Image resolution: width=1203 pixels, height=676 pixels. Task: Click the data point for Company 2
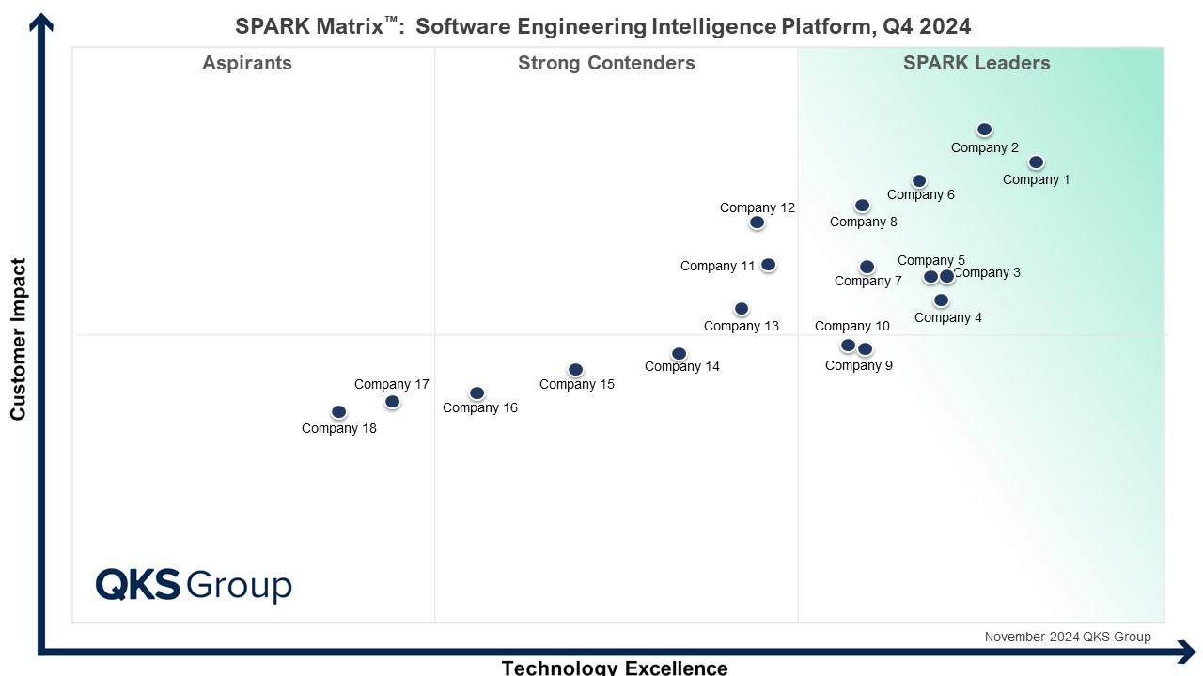click(984, 130)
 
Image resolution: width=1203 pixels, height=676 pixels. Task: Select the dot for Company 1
click(1036, 162)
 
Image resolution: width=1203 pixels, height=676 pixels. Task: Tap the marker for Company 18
click(339, 412)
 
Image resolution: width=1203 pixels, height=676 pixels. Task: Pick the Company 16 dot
click(477, 393)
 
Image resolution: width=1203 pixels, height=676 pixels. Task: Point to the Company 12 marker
click(757, 223)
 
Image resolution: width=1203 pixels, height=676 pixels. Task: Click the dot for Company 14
click(679, 354)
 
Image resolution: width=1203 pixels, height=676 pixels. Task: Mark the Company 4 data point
click(941, 300)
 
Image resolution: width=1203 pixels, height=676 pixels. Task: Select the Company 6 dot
click(919, 181)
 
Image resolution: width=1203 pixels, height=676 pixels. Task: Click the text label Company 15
click(577, 384)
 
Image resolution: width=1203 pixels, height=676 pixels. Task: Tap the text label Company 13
click(742, 326)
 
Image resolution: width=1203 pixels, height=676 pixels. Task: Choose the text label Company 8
click(864, 223)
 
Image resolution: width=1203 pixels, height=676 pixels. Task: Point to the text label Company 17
click(392, 384)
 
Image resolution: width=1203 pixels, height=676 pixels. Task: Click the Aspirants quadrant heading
click(247, 63)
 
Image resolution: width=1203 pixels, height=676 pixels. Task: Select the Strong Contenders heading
click(606, 63)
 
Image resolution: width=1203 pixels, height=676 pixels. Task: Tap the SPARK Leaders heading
click(976, 63)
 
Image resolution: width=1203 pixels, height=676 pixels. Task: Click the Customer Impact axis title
click(18, 340)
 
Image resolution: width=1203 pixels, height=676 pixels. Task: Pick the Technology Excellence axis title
click(615, 668)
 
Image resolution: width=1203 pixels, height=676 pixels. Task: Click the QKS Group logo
click(194, 585)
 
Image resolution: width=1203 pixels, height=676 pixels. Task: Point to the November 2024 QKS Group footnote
click(1068, 637)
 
